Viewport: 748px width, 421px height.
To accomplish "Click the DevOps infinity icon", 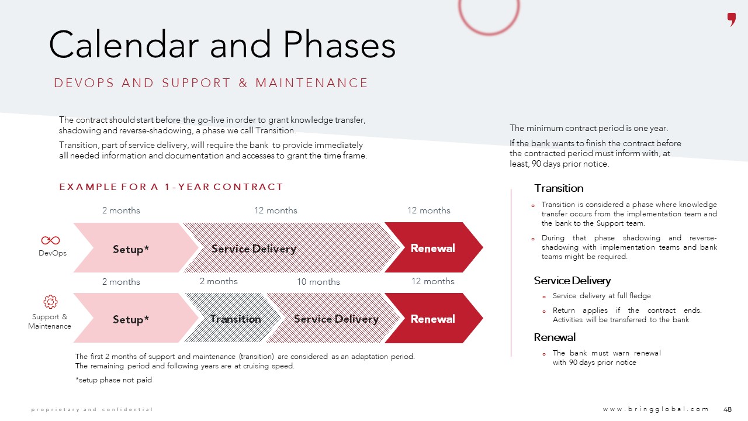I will (50, 240).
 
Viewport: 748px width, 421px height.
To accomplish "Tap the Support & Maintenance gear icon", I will (50, 302).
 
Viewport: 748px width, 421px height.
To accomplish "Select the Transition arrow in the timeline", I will (236, 319).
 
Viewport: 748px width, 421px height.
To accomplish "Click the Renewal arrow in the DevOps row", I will (432, 248).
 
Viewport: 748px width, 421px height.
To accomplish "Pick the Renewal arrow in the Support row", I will (432, 319).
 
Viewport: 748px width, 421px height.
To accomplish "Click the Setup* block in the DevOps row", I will (131, 249).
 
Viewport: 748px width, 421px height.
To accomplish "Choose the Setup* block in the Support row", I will (131, 319).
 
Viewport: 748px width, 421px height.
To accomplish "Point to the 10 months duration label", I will (318, 282).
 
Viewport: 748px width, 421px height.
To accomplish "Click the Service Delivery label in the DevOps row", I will (254, 249).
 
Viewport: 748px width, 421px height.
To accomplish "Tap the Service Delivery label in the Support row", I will (336, 319).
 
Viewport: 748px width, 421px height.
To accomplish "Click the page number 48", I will (728, 409).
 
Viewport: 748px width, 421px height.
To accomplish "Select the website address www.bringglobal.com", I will (656, 409).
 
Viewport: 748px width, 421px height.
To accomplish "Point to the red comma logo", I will (731, 19).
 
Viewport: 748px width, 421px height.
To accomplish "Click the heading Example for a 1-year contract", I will (171, 187).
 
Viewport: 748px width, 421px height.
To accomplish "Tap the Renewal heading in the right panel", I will (555, 337).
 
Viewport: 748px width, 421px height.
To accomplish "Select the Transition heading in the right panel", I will (559, 188).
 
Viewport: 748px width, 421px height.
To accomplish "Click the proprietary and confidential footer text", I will (92, 409).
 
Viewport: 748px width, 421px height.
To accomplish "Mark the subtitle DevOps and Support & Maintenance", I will (211, 83).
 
